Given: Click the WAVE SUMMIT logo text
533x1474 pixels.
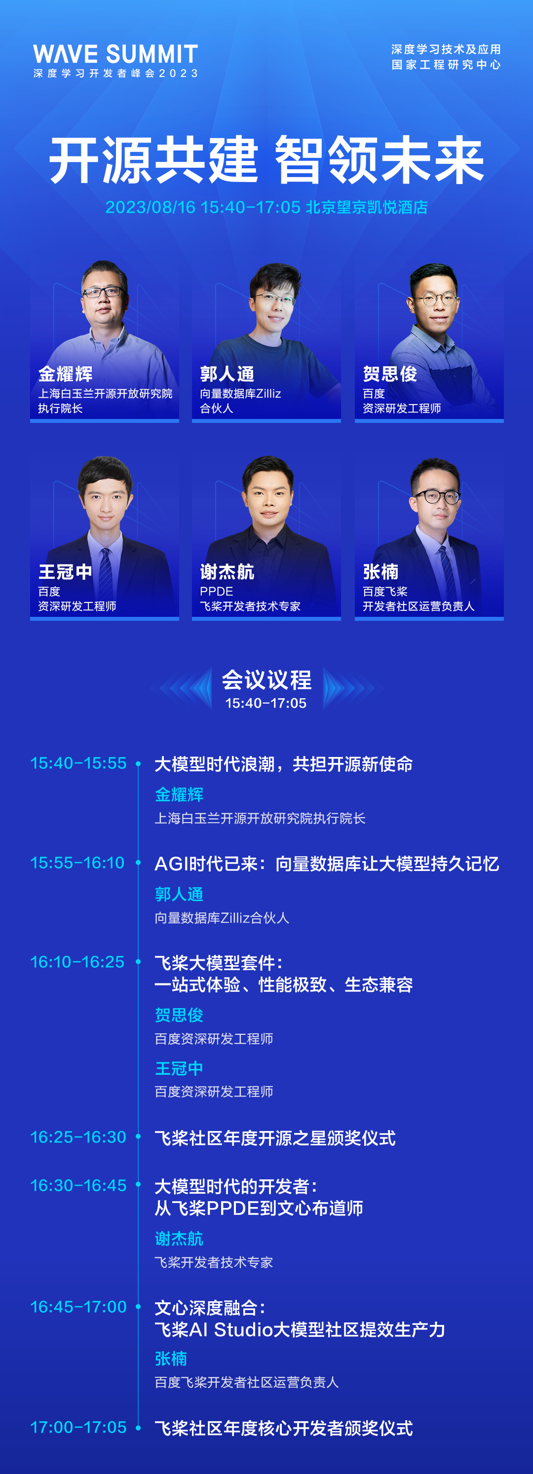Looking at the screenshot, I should coord(115,54).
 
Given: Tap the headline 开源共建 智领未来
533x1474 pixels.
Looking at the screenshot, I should coord(266,160).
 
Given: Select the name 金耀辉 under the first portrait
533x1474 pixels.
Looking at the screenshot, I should coord(65,374).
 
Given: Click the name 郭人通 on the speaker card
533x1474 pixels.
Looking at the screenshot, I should coord(227,374).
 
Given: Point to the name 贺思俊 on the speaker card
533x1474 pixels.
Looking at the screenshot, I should coord(389,374).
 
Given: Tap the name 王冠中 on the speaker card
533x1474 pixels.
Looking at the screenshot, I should coord(65,571).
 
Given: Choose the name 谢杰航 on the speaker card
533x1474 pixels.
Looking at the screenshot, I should coord(227,571).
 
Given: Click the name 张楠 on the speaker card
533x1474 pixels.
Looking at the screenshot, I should coord(380,571).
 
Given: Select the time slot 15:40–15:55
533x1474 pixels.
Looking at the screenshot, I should coord(78,763).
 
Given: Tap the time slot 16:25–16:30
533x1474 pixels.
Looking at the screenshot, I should coord(78,1137).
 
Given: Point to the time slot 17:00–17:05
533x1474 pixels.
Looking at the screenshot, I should coord(78,1427).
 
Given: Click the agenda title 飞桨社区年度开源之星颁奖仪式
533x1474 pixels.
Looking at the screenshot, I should coord(275,1138).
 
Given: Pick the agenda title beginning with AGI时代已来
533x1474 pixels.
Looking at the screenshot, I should coord(326,864).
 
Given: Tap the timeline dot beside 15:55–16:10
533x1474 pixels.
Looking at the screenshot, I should coord(138,863).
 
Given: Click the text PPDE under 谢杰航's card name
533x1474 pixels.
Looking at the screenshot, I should coord(216,592).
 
